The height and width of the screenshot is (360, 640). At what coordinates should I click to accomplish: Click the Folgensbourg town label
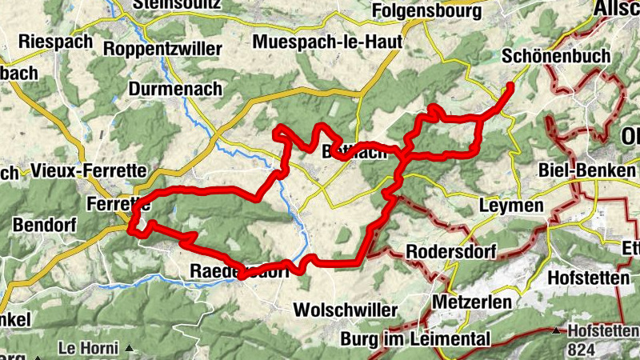428,12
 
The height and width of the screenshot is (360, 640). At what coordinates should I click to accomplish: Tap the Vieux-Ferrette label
89,170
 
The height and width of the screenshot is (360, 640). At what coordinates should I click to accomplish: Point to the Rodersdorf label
451,251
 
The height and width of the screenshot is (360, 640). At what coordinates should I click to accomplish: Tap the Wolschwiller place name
346,310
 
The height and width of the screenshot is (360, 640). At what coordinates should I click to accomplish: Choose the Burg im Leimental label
414,338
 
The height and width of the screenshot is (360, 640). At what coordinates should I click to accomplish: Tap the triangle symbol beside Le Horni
128,348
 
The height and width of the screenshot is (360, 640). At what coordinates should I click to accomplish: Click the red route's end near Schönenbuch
510,85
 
